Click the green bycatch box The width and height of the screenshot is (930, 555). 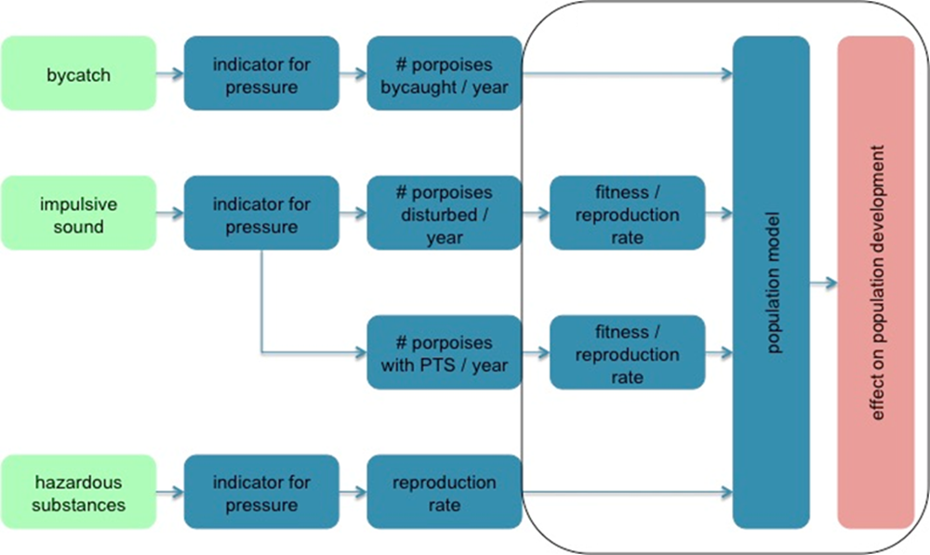(78, 73)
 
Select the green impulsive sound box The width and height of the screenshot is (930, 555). (78, 214)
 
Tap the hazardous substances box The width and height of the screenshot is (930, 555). (78, 493)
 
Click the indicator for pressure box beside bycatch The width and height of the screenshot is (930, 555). (260, 74)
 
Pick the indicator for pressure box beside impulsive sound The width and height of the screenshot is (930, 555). (260, 215)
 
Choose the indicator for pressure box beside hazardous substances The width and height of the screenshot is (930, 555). (260, 493)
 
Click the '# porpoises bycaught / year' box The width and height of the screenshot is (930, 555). (444, 74)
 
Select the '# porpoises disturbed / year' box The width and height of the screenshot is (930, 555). (444, 215)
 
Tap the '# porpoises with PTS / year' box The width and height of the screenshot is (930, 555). (444, 353)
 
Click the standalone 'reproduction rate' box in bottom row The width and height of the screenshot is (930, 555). (444, 493)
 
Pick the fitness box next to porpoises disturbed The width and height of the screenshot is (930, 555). (627, 215)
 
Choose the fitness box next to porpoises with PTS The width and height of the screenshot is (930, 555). (627, 353)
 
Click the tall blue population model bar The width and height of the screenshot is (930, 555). (771, 283)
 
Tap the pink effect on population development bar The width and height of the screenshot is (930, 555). (875, 283)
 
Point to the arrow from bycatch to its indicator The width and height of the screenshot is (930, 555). (169, 73)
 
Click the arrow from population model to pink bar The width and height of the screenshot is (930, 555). (823, 283)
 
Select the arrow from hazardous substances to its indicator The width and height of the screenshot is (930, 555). (169, 493)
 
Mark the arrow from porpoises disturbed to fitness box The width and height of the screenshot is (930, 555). (535, 215)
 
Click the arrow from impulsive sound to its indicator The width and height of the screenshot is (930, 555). (169, 214)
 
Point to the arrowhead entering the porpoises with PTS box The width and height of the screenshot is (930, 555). (361, 353)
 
